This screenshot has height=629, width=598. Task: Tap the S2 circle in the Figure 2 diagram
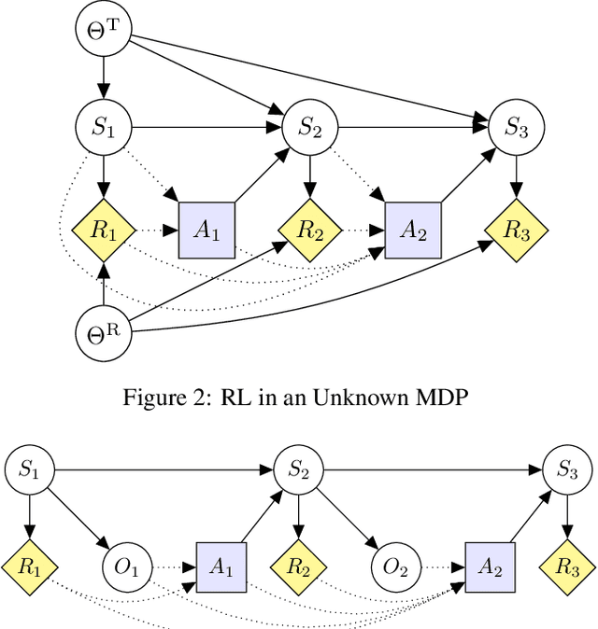(310, 128)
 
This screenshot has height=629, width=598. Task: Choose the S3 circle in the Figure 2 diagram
(517, 128)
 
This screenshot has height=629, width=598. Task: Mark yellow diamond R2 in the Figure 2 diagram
(310, 230)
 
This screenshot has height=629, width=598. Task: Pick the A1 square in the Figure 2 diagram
(206, 230)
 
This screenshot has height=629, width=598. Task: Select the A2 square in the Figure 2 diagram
(413, 230)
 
